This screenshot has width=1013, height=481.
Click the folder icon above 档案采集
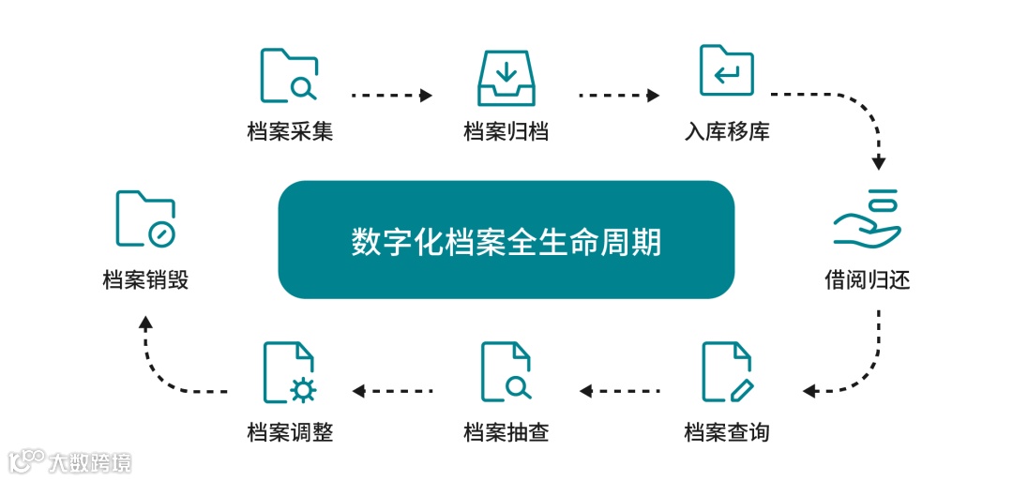click(289, 74)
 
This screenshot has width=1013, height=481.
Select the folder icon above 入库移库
click(726, 70)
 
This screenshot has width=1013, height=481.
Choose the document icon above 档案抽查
click(506, 371)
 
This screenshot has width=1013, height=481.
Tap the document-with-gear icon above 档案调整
click(289, 372)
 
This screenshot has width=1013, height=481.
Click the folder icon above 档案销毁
click(145, 218)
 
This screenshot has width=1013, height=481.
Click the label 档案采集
click(290, 131)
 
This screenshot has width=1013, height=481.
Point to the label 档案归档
click(506, 131)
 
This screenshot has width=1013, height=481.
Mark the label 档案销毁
click(145, 279)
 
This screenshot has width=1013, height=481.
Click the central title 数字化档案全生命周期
click(506, 241)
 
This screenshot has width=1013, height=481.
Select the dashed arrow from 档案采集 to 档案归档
click(391, 95)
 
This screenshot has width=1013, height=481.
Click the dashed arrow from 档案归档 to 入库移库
click(619, 95)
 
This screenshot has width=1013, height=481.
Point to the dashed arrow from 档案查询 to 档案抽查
click(620, 390)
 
